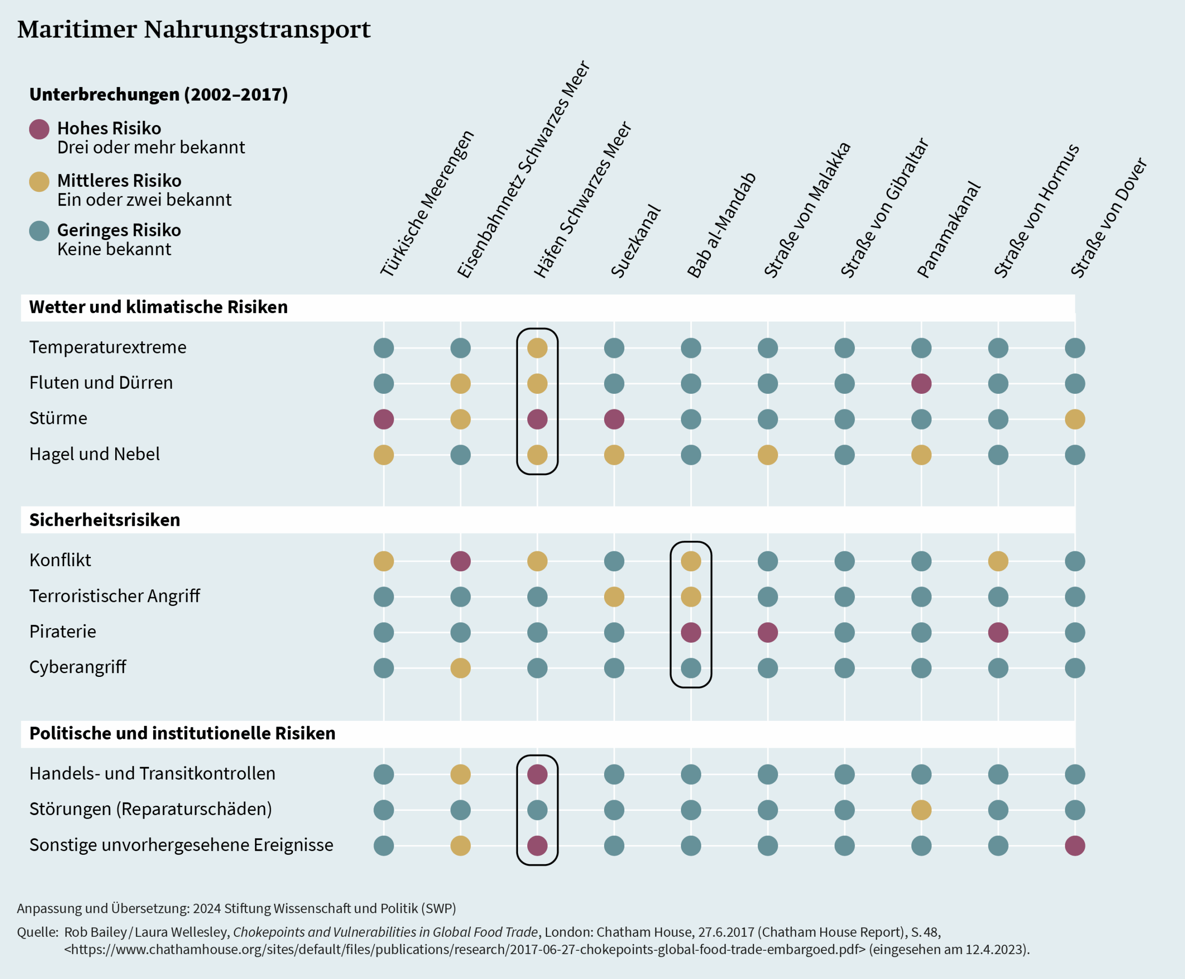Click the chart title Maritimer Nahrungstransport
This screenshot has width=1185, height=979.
(x=194, y=29)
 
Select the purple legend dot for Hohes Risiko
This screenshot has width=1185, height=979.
(x=39, y=129)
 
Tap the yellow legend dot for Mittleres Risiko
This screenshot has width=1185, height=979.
(x=39, y=182)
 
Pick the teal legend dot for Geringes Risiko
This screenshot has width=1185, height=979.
(x=39, y=231)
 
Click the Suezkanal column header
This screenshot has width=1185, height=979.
(x=636, y=241)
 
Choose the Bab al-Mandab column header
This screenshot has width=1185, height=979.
(x=721, y=226)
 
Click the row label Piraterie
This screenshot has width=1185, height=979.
(x=62, y=632)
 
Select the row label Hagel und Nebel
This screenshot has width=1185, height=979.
(x=94, y=454)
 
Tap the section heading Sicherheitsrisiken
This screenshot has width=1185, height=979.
(x=105, y=519)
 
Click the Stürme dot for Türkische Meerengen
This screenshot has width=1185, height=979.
(x=384, y=419)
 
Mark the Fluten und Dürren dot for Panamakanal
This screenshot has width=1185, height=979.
(x=921, y=384)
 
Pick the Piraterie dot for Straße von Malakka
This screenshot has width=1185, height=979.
(x=767, y=632)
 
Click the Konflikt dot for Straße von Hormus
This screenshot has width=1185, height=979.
(x=998, y=561)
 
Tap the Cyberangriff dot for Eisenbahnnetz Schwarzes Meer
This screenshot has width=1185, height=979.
(x=461, y=668)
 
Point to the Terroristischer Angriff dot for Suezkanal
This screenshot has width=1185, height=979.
(x=614, y=597)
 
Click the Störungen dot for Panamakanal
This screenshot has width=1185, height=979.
(x=921, y=810)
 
